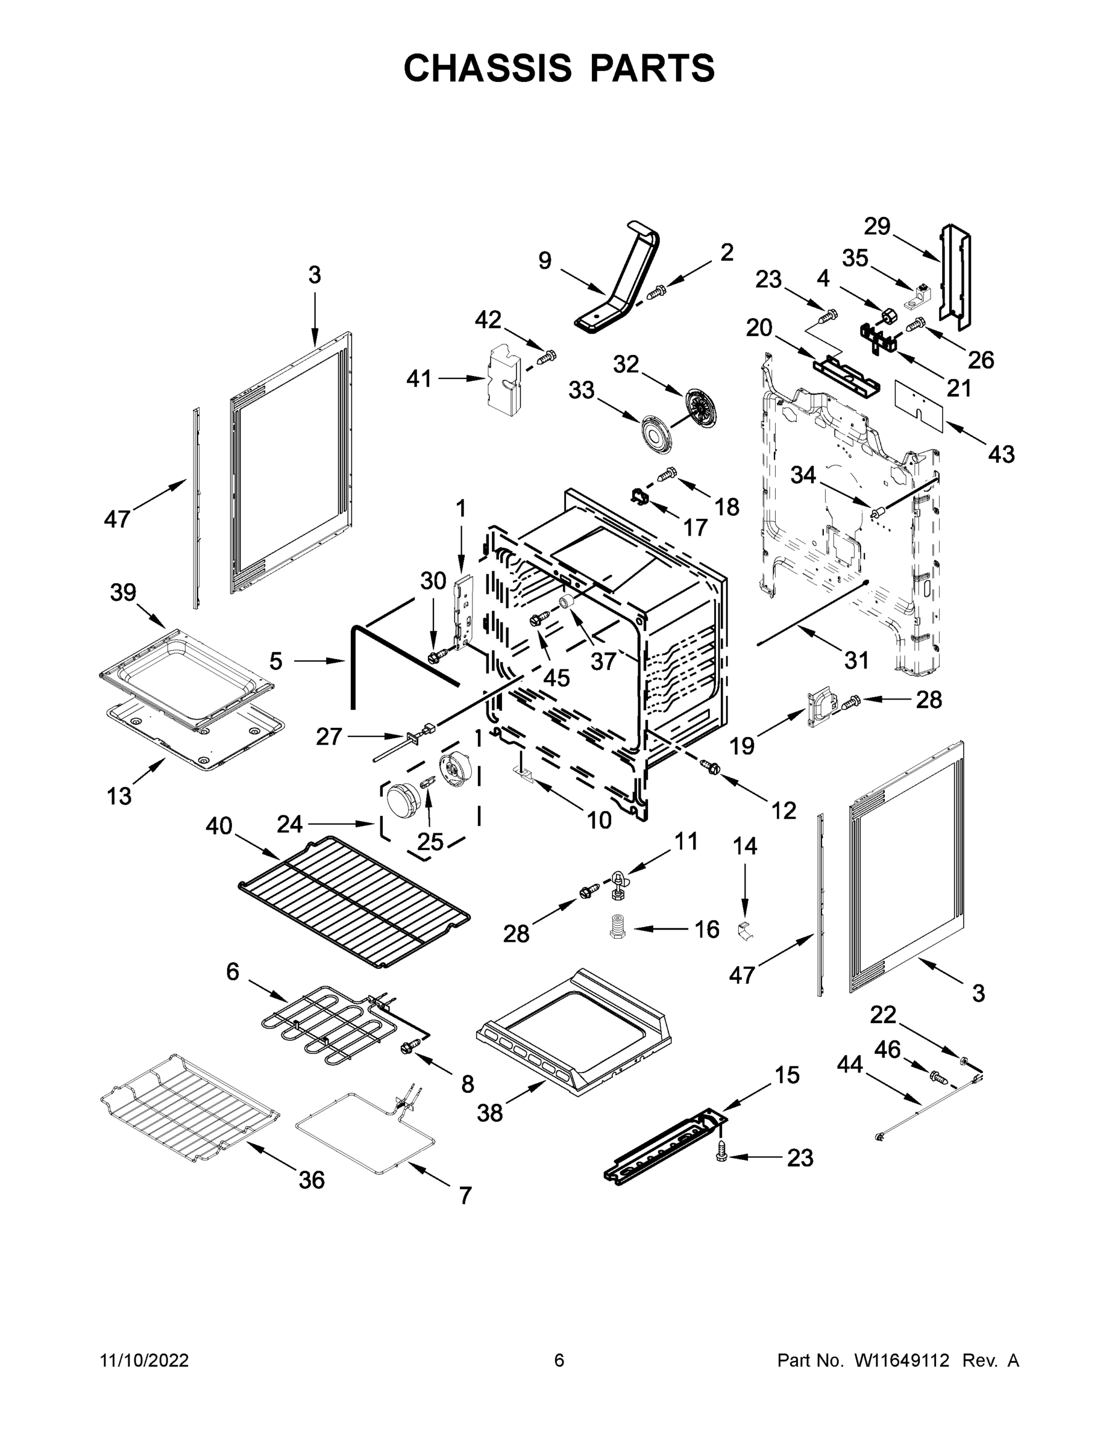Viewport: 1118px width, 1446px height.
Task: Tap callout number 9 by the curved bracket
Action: coord(544,261)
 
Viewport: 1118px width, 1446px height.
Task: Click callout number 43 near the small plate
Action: coord(1000,454)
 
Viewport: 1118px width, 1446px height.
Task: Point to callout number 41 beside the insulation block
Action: coord(419,380)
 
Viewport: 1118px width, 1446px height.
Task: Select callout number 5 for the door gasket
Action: coord(276,660)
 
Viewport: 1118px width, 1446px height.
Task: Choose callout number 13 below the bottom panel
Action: coord(119,796)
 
